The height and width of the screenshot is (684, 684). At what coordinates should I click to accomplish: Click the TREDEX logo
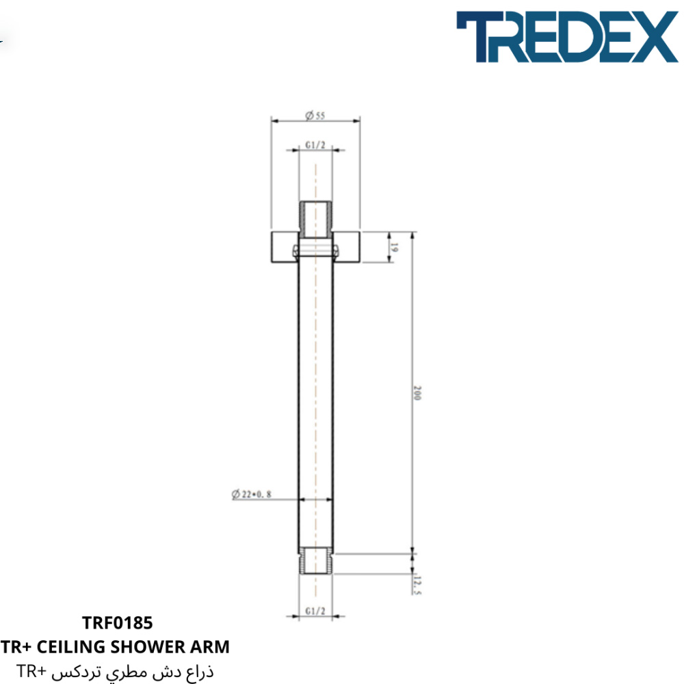[566, 37]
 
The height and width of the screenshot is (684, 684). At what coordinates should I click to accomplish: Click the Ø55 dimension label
[315, 115]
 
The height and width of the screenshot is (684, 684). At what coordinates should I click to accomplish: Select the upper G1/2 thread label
[315, 145]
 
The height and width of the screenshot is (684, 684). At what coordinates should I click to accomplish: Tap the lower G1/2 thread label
[315, 611]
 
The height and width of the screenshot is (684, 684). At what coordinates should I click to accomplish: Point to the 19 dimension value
[394, 248]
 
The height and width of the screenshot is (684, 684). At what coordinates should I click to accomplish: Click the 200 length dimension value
[417, 393]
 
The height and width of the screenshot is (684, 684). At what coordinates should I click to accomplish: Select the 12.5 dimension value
[417, 586]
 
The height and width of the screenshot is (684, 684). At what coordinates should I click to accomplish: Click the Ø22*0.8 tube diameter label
[251, 494]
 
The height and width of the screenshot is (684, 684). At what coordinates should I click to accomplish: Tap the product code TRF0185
[118, 623]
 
